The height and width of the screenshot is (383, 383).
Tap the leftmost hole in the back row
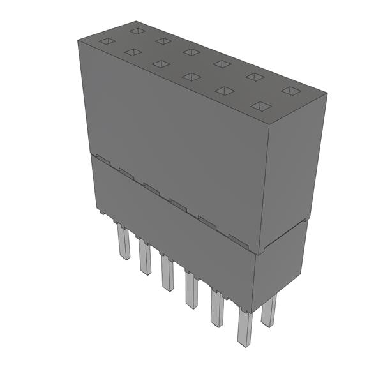pos(137,30)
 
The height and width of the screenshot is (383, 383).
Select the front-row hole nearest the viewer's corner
pos(261,105)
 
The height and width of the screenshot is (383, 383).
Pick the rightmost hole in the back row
pos(290,90)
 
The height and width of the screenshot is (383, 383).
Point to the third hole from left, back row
pos(191,52)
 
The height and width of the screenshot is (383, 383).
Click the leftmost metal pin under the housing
pos(123,243)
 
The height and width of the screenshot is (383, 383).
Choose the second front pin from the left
pos(145,257)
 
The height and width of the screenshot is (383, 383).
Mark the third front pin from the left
pos(167,273)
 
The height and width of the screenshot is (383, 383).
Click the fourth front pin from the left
pos(191,289)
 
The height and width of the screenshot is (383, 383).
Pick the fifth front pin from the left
pos(217,308)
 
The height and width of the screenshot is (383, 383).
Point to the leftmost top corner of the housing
pos(79,40)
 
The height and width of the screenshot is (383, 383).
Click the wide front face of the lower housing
pos(172,230)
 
